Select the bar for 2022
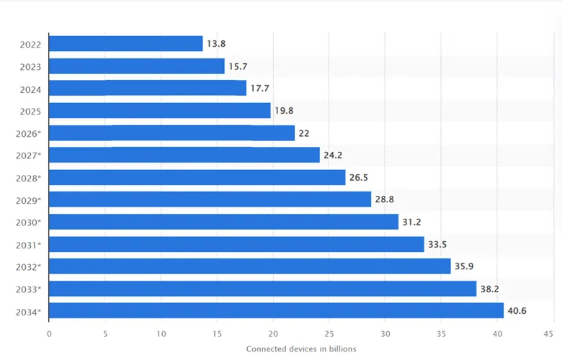pos(126,44)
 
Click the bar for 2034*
pos(276,311)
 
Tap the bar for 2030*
pos(223,222)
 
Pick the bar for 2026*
pos(172,133)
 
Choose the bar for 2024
pos(148,89)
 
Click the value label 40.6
pos(518,311)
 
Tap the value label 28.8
pos(386,199)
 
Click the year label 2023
pos(30,66)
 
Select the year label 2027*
pos(29,156)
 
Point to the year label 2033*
pos(29,289)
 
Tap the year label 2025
pos(30,111)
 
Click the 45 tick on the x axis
pos(553,333)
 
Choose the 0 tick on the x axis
pos(49,333)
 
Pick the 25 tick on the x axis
pos(329,333)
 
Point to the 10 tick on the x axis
pos(161,333)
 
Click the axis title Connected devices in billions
pos(301,349)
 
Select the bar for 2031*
pos(236,244)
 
